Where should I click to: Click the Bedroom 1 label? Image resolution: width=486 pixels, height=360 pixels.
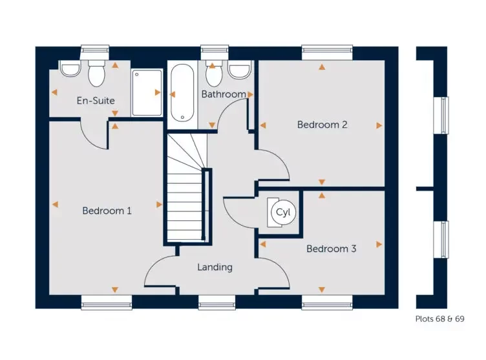[107, 211]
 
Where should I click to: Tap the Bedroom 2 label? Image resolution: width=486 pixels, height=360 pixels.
[322, 125]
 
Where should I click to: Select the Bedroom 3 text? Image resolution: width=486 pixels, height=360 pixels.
[331, 248]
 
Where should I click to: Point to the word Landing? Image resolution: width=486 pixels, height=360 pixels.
[215, 267]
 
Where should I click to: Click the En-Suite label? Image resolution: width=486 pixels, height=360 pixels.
[95, 101]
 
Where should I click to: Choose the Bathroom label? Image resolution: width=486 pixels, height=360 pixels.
[224, 94]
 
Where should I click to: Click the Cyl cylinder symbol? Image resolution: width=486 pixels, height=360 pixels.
[282, 212]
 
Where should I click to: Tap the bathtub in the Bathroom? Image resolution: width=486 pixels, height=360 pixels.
[182, 92]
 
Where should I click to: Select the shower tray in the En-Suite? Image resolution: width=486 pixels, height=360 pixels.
[147, 92]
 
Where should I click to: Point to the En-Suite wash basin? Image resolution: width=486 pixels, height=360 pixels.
[69, 69]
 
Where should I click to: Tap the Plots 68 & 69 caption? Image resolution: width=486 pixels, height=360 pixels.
[439, 319]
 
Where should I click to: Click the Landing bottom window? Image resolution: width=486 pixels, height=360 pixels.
[217, 301]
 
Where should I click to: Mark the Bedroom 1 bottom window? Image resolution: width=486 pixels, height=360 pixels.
[107, 301]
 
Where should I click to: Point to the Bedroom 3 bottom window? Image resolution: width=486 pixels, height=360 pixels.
[326, 301]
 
